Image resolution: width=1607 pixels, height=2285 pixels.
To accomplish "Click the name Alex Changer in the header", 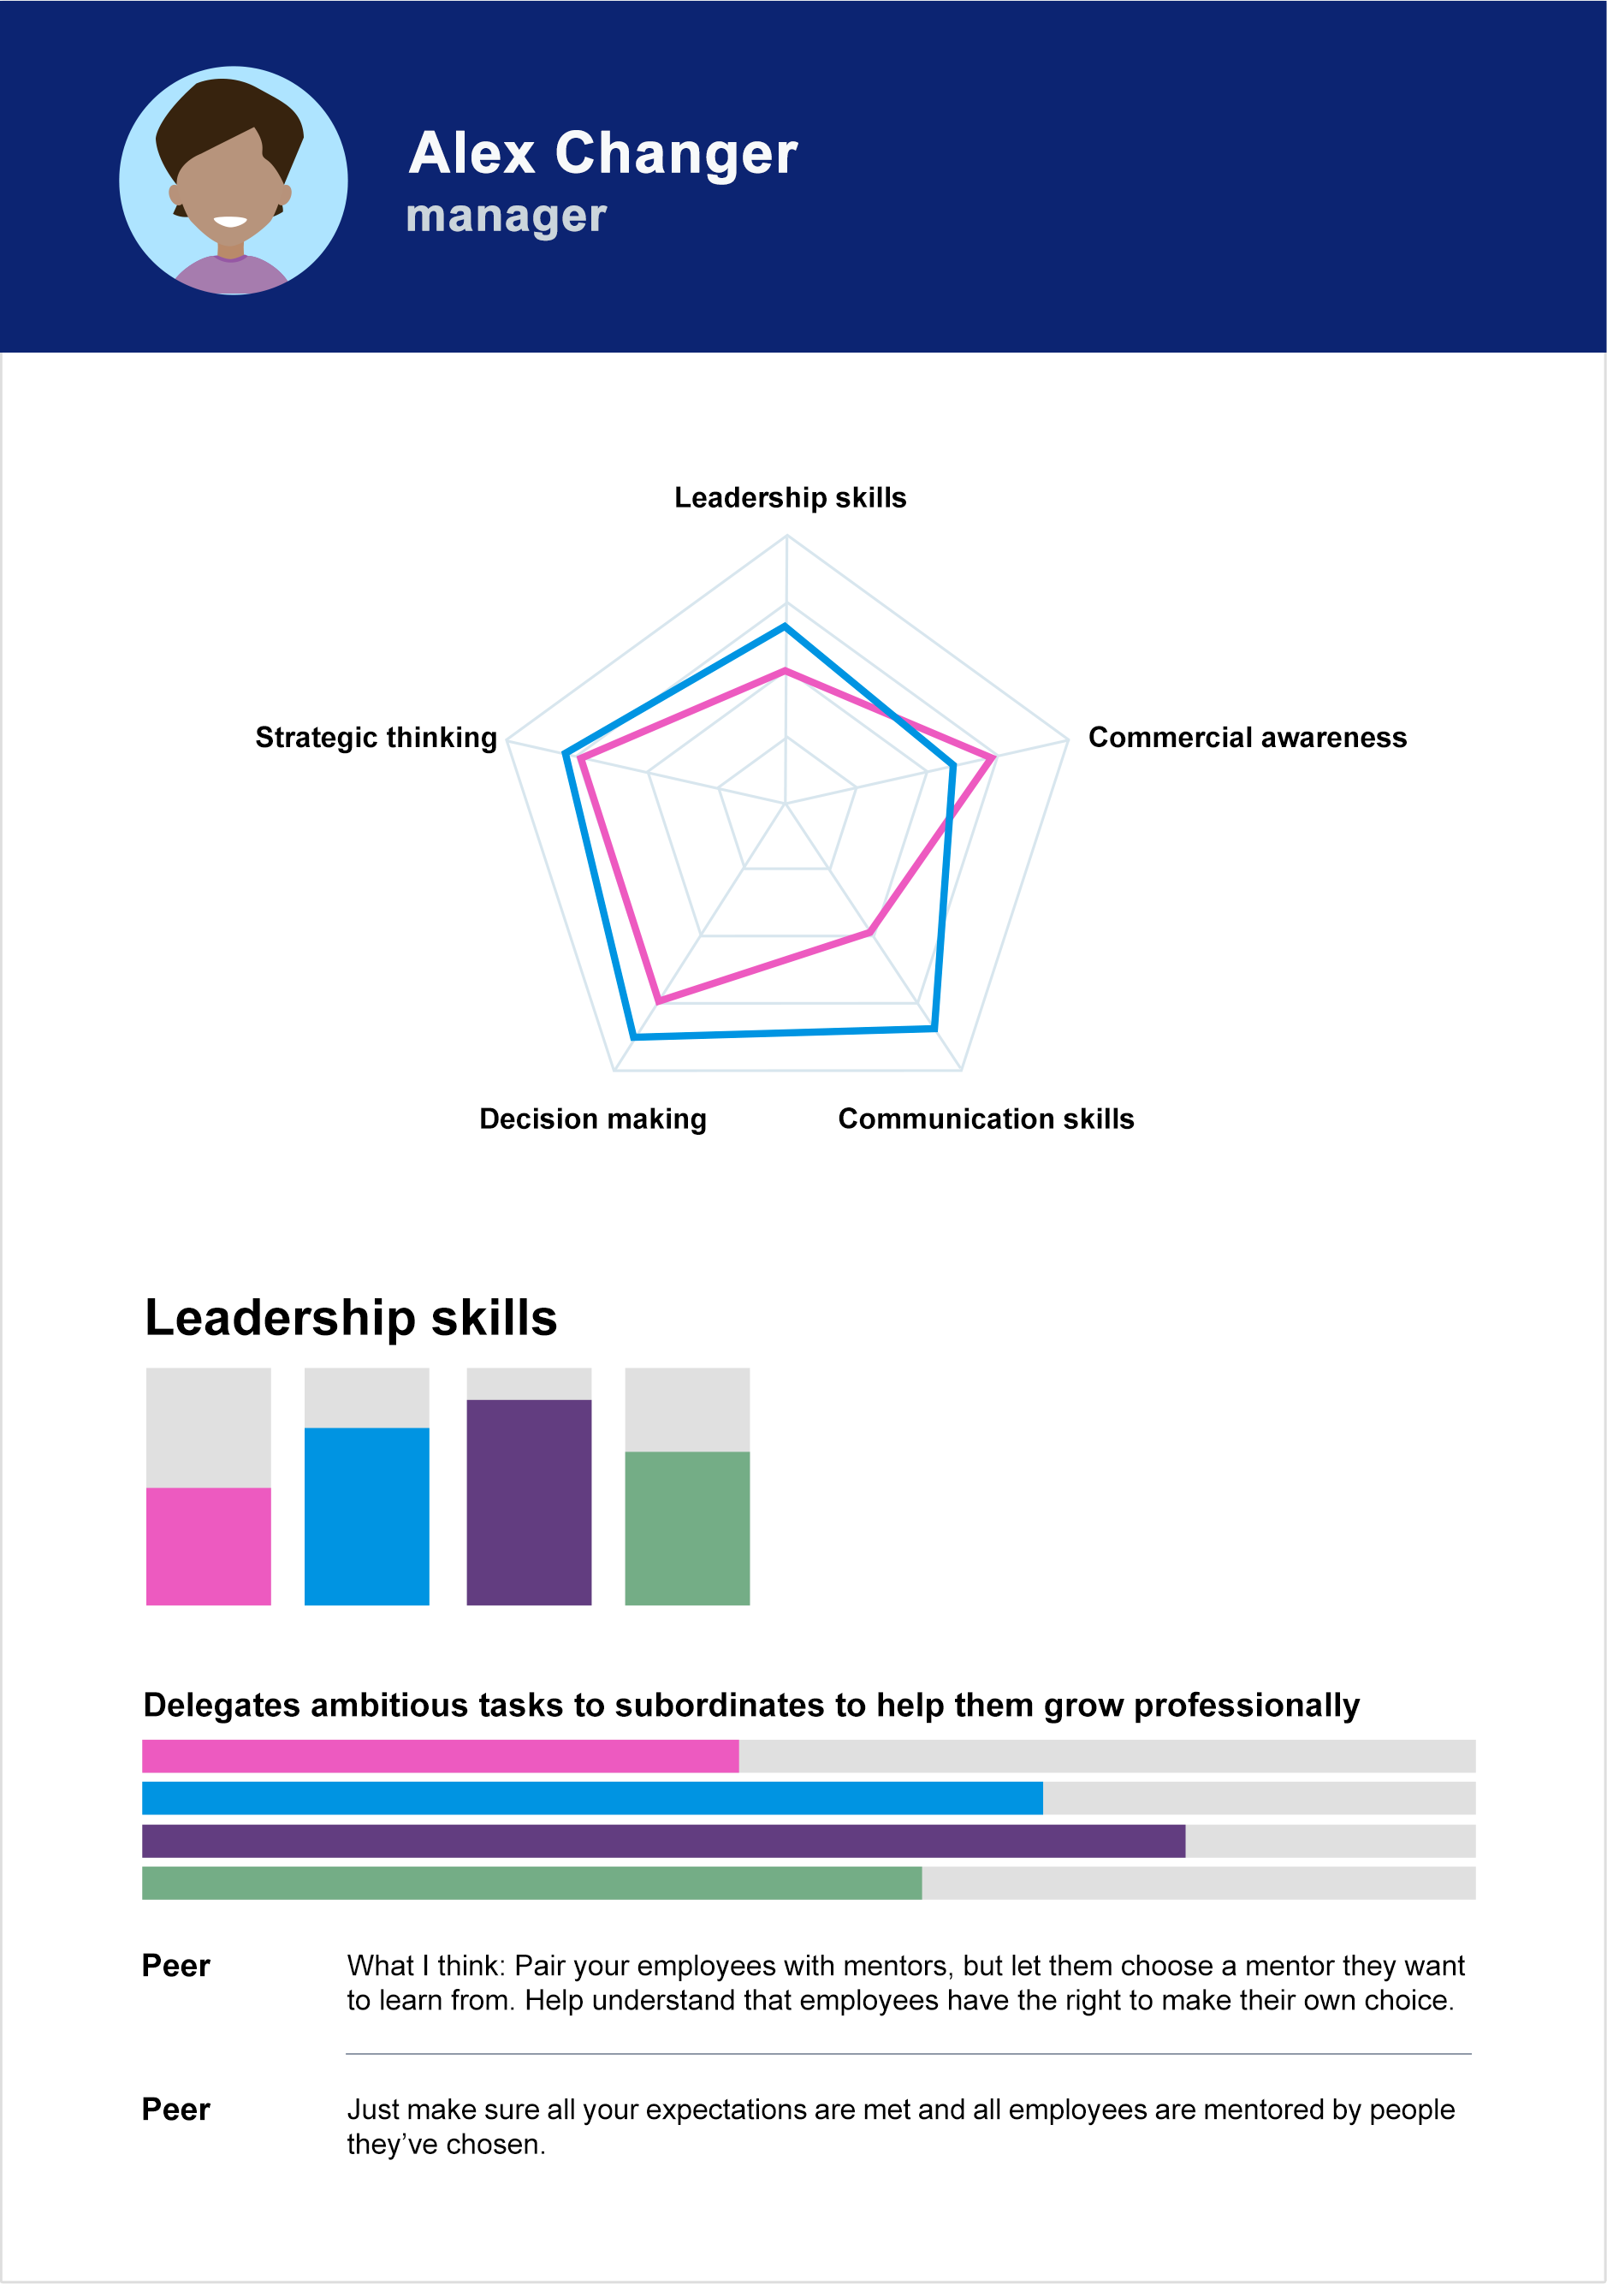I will click(602, 153).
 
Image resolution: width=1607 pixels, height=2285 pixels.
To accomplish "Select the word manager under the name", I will click(506, 216).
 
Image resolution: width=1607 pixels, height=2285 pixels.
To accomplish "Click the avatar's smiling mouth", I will click(230, 221).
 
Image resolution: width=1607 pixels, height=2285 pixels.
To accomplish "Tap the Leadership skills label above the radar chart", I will click(790, 497).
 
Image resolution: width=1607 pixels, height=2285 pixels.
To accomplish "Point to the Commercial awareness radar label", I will click(1247, 738).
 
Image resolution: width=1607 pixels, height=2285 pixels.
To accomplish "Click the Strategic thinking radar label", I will click(377, 738).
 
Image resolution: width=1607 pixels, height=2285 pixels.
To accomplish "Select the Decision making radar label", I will click(593, 1119).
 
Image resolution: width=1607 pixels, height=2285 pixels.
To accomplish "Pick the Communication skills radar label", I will click(985, 1119).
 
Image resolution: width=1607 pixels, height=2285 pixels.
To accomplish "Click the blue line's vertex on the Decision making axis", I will click(634, 1038).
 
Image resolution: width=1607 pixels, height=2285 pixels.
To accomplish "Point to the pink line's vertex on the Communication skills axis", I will click(869, 934).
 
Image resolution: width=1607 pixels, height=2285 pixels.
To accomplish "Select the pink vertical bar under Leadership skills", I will click(208, 1546).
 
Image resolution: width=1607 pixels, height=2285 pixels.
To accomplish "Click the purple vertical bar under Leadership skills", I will click(528, 1502).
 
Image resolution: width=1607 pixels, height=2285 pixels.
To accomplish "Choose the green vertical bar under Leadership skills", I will click(686, 1528).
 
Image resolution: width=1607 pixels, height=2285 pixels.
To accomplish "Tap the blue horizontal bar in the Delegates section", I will click(592, 1798).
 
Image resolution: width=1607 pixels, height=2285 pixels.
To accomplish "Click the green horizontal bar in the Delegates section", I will click(531, 1883).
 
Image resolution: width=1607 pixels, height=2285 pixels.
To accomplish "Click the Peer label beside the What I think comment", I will click(176, 1966).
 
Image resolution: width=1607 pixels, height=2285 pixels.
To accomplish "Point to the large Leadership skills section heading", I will click(350, 1318).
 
